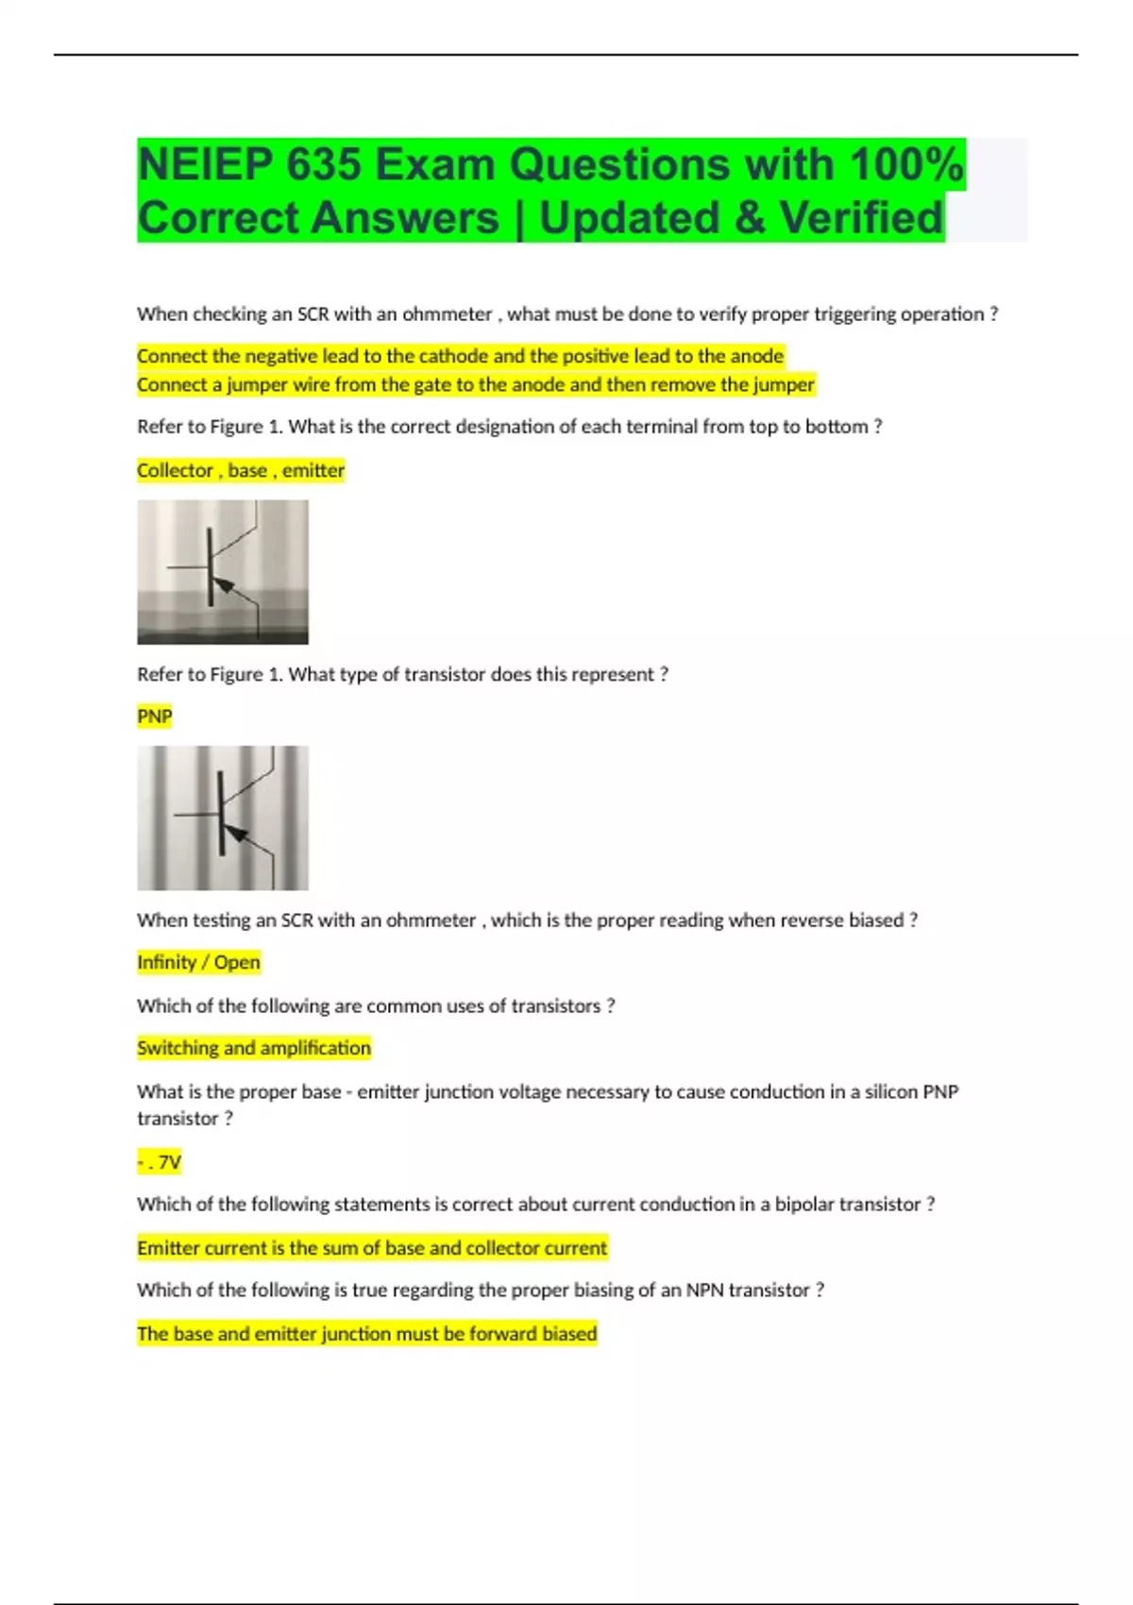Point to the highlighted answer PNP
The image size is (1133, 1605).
point(155,717)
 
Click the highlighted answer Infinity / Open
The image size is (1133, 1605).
point(198,962)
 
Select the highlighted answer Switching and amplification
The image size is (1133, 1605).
point(254,1048)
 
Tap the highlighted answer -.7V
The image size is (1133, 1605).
point(160,1162)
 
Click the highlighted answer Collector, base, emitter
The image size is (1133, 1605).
point(241,470)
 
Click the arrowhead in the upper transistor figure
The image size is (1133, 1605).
point(225,586)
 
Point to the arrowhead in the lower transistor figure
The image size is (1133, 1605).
point(236,835)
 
